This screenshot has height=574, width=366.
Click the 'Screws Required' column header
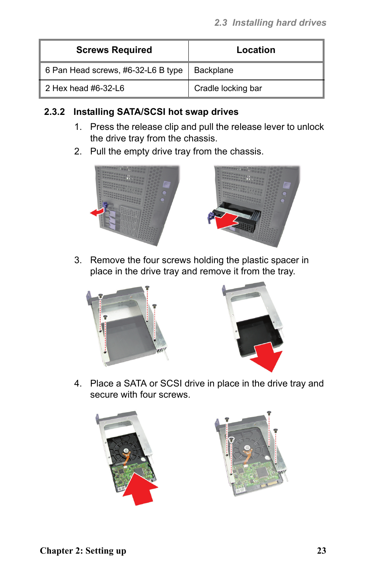point(114,50)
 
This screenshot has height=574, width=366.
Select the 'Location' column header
point(256,50)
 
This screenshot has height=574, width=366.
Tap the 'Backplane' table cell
point(214,70)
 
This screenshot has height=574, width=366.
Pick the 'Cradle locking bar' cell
point(228,88)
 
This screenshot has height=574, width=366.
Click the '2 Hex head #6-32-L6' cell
point(85,88)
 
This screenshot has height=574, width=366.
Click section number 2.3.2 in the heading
point(54,112)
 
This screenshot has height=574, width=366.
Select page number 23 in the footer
point(321,551)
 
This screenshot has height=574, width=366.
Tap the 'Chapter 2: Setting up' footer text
point(83,551)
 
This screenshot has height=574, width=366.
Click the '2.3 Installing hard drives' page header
point(270,23)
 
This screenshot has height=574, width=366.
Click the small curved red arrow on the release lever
point(97,212)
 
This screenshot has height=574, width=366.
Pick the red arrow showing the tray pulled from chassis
point(226,221)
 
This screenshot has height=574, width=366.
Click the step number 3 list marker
point(78,260)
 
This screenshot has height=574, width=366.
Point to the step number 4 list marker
point(78,383)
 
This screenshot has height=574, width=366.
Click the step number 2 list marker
point(78,151)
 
